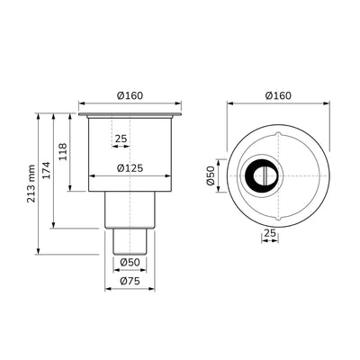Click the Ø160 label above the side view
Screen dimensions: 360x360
click(x=130, y=95)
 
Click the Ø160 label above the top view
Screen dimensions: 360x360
click(x=278, y=95)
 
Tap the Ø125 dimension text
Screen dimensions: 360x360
click(x=130, y=168)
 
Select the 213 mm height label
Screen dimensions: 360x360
click(x=31, y=184)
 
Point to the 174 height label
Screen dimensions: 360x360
click(x=46, y=170)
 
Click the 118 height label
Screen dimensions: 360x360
click(x=63, y=152)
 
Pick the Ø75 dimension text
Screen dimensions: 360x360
click(x=130, y=281)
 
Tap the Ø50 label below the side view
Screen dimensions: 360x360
click(x=130, y=262)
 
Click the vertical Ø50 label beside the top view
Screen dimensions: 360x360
click(x=211, y=175)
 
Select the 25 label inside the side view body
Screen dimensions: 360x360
click(x=121, y=139)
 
